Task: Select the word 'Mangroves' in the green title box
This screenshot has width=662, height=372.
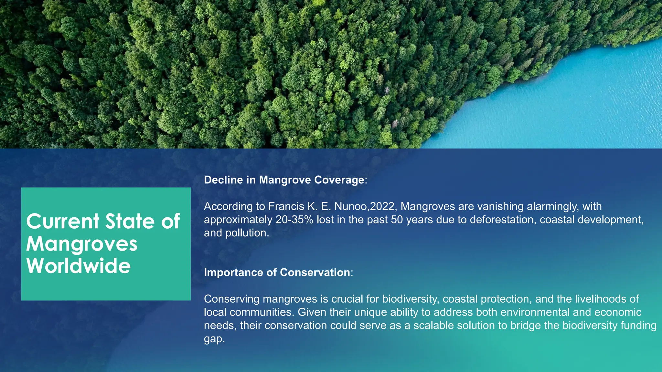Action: coord(82,244)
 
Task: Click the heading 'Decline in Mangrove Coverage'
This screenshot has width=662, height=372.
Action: coord(284,180)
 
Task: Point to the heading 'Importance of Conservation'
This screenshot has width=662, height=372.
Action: coord(277,273)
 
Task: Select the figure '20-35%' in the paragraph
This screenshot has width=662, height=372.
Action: coord(294,220)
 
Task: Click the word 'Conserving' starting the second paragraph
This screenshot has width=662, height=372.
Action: coord(232,299)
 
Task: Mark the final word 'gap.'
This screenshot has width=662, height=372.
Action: coord(214,339)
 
